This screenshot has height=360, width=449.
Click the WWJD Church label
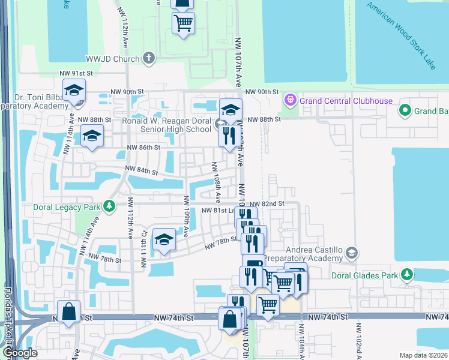click(112, 58)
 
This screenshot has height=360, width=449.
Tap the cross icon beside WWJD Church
click(149, 58)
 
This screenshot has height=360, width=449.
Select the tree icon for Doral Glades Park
click(408, 275)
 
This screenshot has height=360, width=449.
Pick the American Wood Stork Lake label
click(402, 35)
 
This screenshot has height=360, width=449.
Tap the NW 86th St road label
click(143, 147)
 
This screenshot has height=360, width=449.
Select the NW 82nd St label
click(267, 204)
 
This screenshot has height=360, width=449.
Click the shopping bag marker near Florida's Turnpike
click(68, 311)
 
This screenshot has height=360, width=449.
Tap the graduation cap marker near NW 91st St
click(74, 91)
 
